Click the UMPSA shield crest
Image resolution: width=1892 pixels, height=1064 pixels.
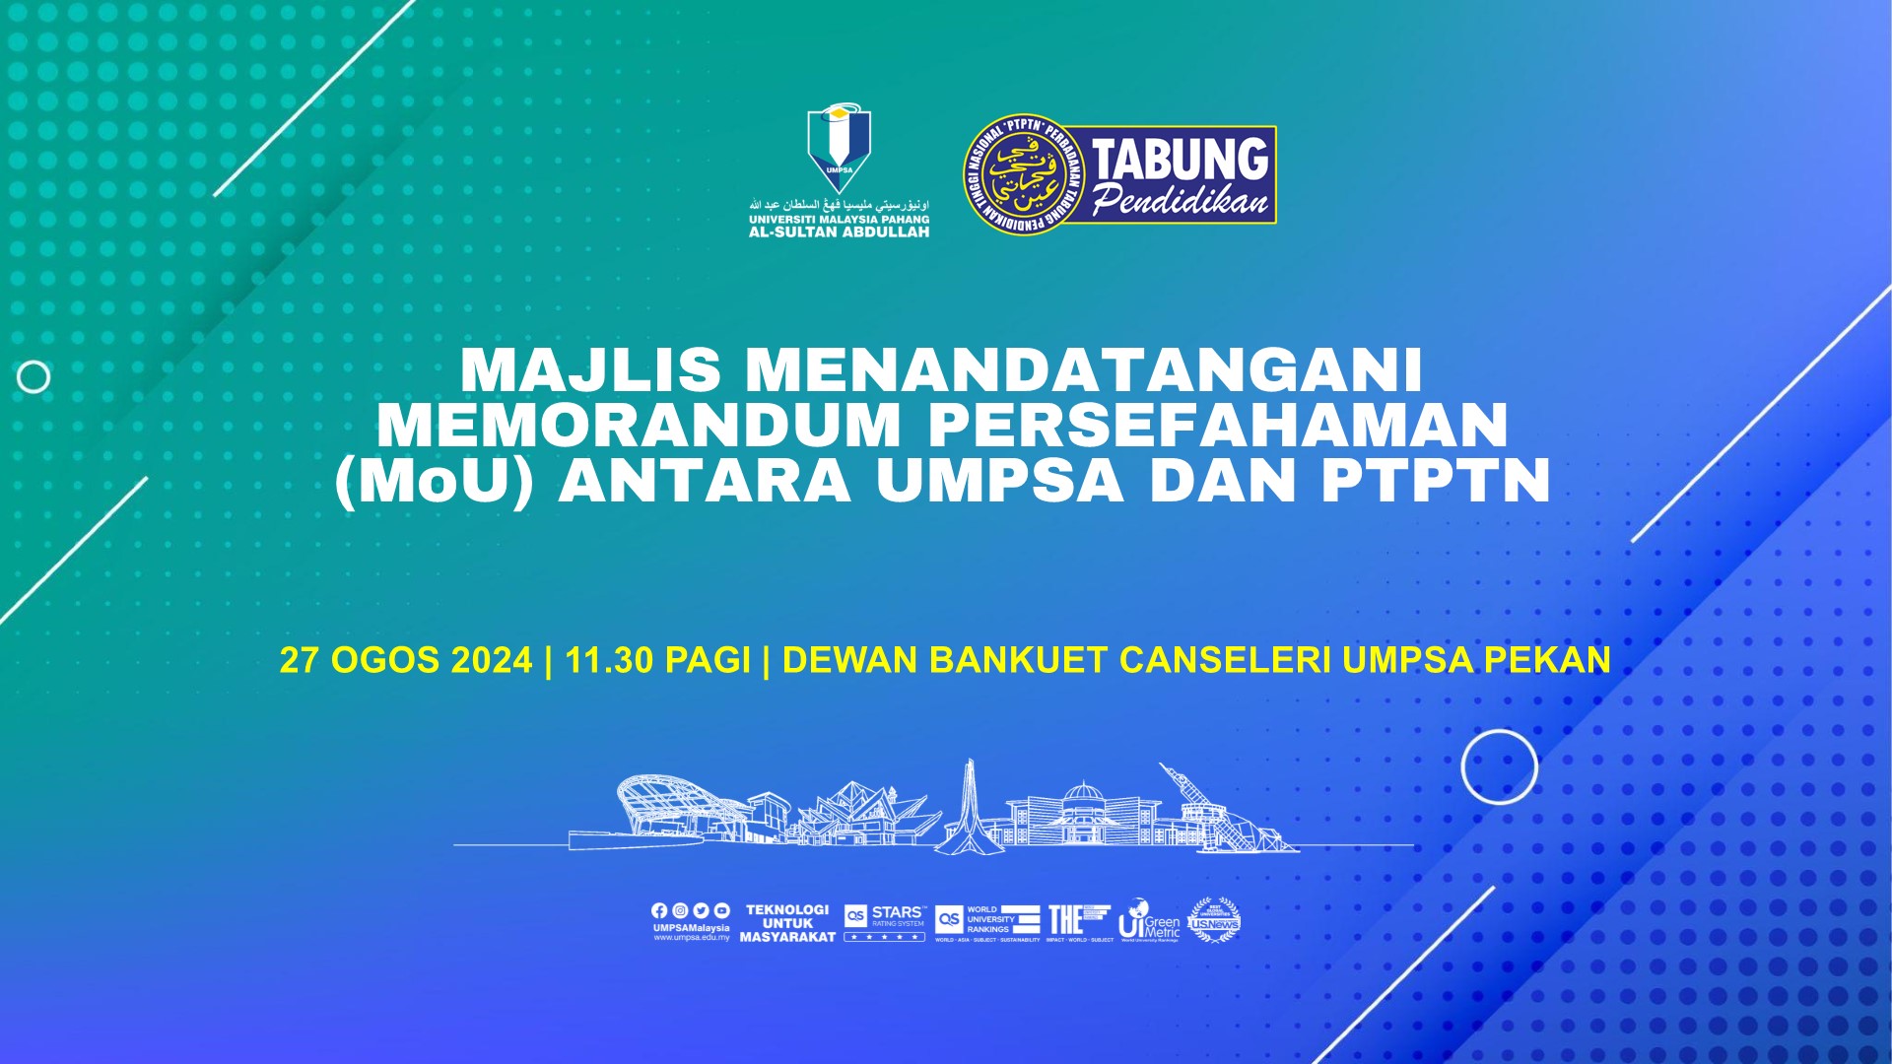pos(839,148)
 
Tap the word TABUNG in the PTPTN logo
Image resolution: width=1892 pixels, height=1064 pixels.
pos(1181,160)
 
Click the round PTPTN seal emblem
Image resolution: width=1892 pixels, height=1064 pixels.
pos(1022,175)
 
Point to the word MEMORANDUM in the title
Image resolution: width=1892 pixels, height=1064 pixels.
pos(639,426)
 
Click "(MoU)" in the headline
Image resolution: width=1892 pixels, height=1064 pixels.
pos(434,482)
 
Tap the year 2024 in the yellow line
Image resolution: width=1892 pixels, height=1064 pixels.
pos(491,660)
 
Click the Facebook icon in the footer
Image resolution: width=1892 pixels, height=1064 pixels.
pos(659,911)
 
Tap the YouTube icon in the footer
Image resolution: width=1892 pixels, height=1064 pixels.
pos(721,911)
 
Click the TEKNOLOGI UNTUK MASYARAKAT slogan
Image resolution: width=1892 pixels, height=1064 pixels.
pos(787,924)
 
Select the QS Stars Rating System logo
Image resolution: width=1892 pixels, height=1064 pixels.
pos(885,922)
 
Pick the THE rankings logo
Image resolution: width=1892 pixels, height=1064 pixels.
pos(1078,921)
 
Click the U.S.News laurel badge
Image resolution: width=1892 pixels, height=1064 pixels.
pos(1213,921)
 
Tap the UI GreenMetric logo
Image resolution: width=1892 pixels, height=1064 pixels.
pos(1149,921)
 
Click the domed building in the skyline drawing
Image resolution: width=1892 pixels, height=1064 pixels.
pos(1081,813)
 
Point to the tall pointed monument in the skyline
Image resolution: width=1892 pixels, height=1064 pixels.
pos(970,803)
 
